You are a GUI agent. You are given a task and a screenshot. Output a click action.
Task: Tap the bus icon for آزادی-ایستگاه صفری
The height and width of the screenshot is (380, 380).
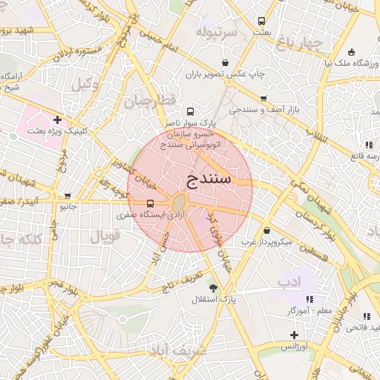pos(151,203)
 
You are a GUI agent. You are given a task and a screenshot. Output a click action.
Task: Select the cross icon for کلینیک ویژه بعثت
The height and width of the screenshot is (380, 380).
pos(57,119)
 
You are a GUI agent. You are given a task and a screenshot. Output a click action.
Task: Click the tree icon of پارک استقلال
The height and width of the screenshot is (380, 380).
pos(214,288)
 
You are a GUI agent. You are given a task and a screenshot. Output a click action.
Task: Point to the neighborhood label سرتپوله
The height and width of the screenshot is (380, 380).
pos(217,33)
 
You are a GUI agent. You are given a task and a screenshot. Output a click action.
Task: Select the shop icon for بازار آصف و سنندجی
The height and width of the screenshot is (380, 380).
pos(263,99)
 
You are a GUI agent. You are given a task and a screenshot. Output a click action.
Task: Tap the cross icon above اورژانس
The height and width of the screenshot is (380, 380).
pos(295,335)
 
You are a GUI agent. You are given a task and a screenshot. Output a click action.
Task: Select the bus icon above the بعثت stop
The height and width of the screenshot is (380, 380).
pos(261,21)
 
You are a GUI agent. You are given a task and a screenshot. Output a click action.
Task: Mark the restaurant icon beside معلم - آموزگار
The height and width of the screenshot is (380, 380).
pos(309,298)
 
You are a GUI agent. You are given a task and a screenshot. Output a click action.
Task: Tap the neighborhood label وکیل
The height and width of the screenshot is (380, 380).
pos(85,85)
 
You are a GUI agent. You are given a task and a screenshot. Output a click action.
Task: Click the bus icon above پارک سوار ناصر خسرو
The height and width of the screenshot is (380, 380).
pos(191,111)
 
